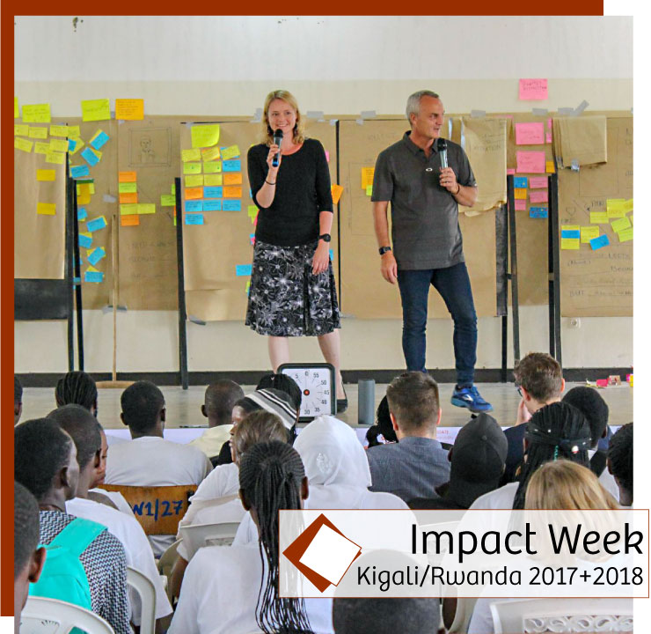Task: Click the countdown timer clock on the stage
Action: (308, 389)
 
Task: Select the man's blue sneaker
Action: (472, 399)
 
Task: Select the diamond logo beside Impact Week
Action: (321, 553)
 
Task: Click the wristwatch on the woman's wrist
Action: (325, 238)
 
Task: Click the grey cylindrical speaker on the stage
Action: (366, 402)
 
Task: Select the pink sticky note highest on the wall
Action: (532, 89)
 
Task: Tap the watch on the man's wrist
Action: (384, 250)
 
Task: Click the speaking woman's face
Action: (282, 114)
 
